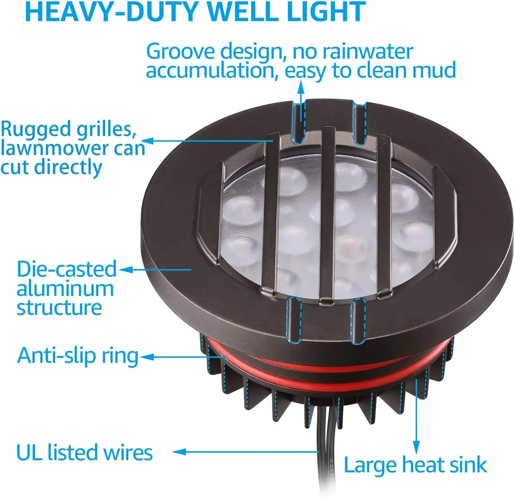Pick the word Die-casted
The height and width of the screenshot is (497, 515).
point(66,269)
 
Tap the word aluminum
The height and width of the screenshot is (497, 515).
point(65,288)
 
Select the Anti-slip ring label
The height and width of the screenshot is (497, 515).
point(78,356)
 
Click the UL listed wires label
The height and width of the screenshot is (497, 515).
point(84,452)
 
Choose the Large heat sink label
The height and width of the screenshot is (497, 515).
point(415,465)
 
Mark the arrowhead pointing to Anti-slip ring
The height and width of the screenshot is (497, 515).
point(147,357)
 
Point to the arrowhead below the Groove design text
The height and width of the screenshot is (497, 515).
point(301,86)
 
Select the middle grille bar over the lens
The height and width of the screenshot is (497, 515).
point(327,215)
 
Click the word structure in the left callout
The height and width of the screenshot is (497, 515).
point(59,308)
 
